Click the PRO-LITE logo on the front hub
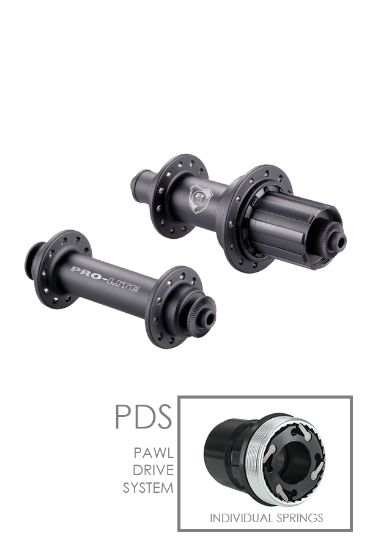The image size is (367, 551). point(105,279)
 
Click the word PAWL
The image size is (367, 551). point(154,453)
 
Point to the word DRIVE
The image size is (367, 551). point(153,470)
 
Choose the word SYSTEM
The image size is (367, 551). point(148,488)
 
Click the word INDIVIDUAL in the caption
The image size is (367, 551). point(241,518)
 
